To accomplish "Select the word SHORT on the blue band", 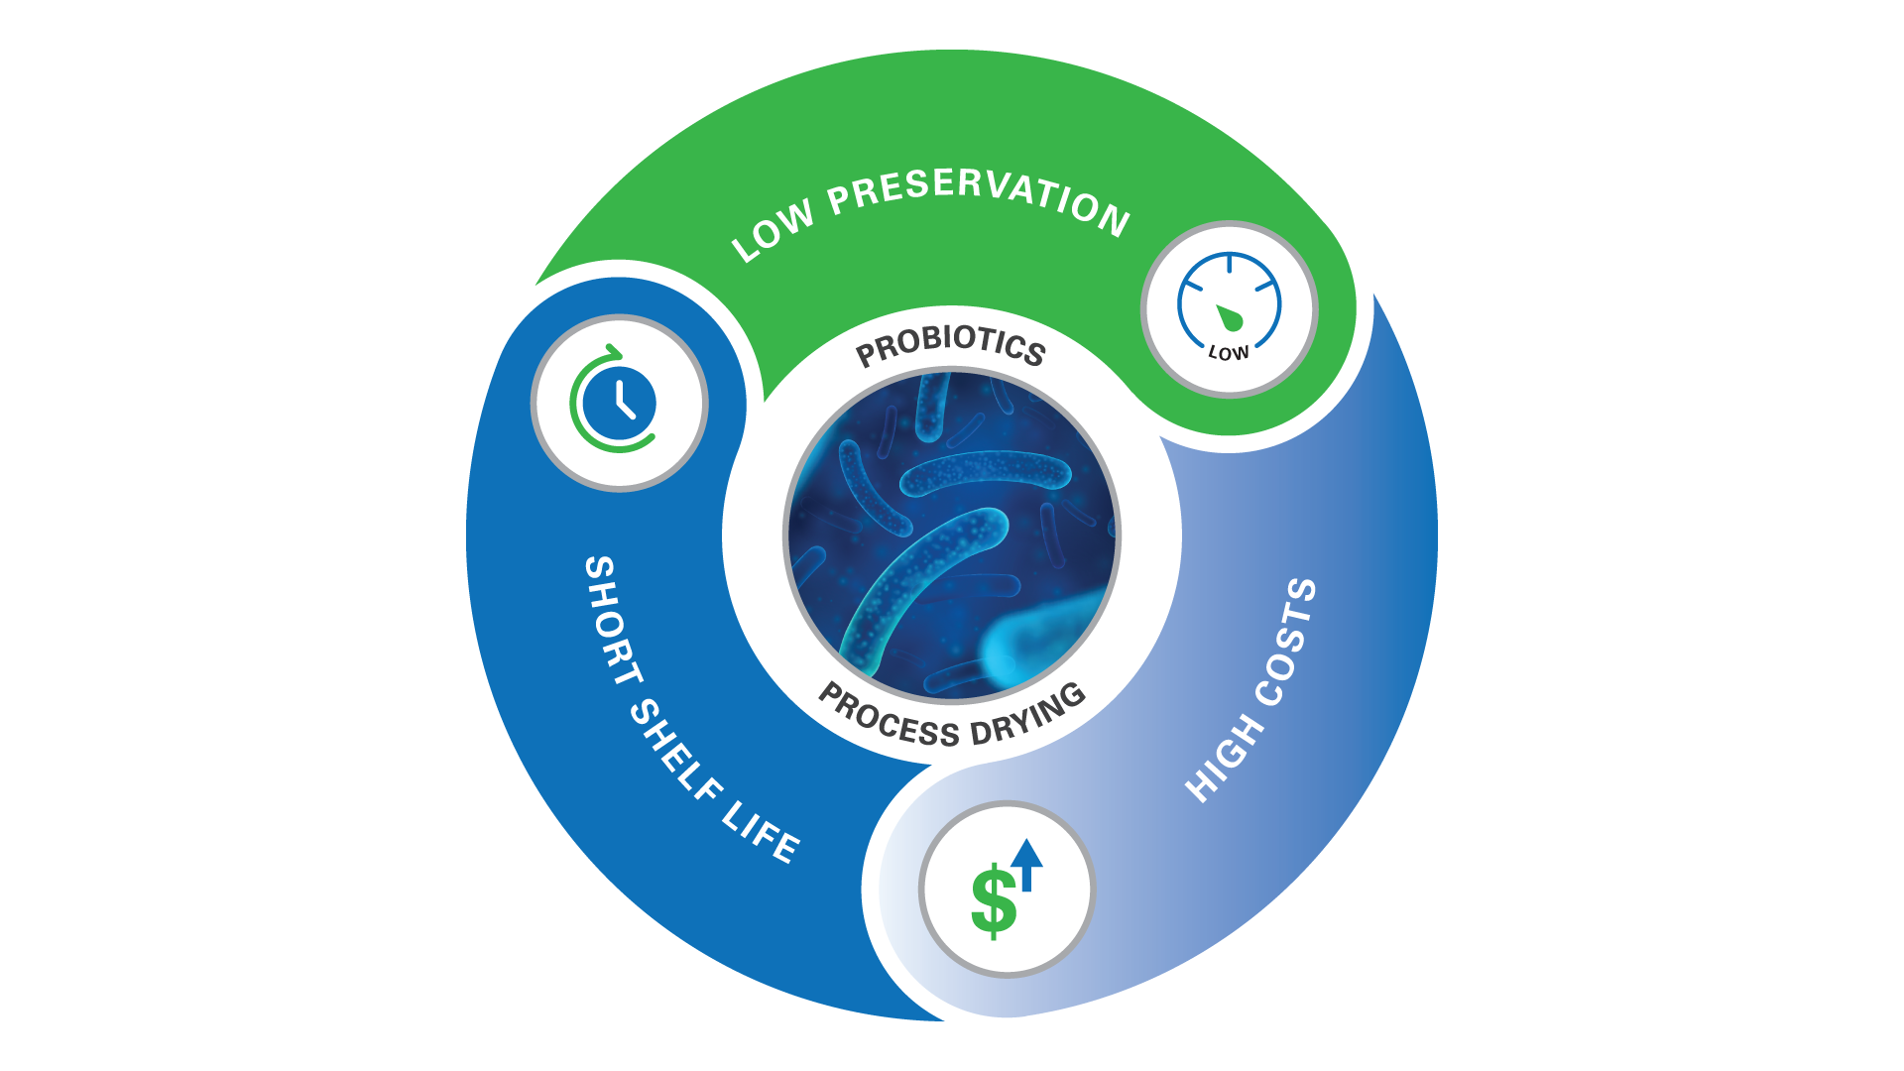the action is click(613, 620).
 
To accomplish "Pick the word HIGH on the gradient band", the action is click(1226, 759).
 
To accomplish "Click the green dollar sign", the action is click(994, 900).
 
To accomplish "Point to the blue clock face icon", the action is click(620, 405).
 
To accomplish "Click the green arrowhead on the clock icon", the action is click(614, 353).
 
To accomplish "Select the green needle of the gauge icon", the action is click(1230, 317).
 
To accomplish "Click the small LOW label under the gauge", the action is click(1229, 353).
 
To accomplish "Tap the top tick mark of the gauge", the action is click(1230, 263).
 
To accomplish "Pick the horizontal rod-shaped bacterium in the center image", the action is click(986, 472).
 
